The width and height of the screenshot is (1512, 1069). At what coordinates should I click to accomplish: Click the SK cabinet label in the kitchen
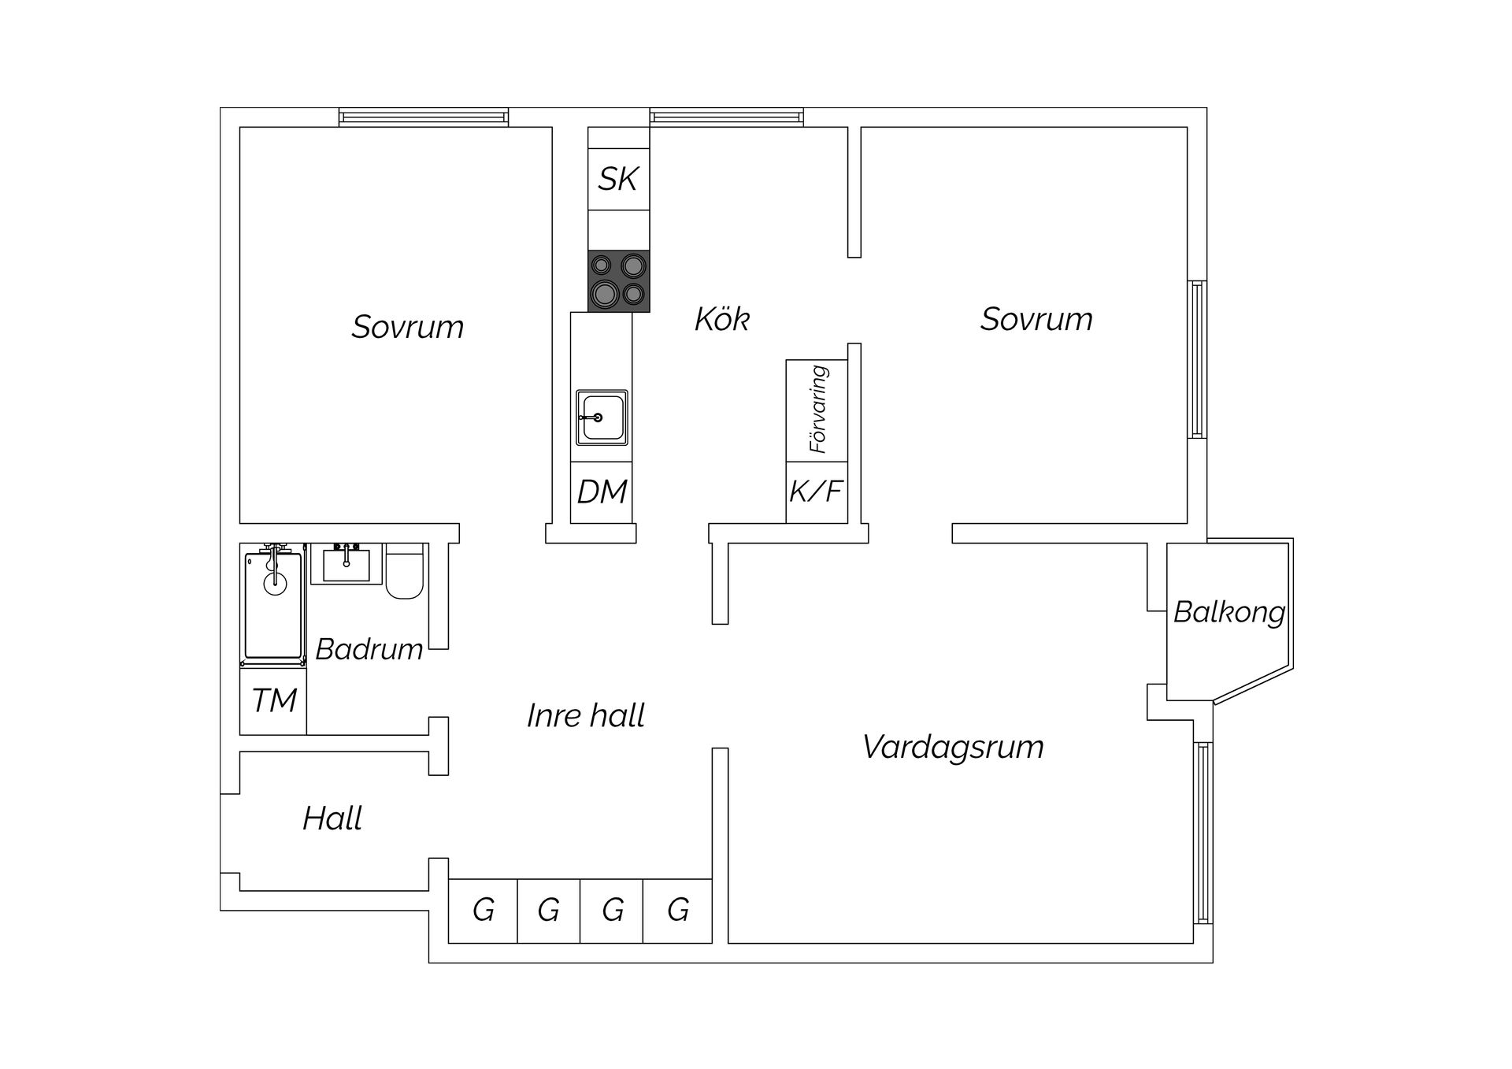coord(618,179)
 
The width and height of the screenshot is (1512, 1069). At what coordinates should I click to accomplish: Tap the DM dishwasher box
coord(602,492)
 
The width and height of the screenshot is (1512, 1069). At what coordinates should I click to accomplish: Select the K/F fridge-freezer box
coord(817,492)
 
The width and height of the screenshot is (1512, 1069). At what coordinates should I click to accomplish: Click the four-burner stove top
coord(619,281)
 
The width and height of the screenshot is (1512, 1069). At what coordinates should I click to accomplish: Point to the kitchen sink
coord(602,418)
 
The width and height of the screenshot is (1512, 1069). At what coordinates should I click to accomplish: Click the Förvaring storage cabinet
coord(817,410)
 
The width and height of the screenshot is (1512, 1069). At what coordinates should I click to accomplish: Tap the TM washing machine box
coord(273,700)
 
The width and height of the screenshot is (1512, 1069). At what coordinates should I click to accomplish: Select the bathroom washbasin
coord(346,564)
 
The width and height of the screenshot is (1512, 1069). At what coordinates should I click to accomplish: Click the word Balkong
coord(1228,612)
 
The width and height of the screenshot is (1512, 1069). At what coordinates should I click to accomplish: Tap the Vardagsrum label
coord(953,747)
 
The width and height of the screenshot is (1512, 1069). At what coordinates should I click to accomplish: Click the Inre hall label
coord(586,716)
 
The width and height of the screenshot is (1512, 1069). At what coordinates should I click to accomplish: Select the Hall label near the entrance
coord(332,819)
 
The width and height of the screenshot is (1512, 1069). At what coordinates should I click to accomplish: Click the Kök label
coord(721,320)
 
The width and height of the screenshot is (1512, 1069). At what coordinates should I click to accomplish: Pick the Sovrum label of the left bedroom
coord(407,327)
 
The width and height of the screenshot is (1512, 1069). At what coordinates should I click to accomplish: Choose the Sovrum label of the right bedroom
coord(1036,319)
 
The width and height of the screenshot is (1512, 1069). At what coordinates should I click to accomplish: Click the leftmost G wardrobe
coord(483,911)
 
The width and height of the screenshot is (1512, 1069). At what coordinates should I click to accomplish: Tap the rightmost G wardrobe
coord(678,911)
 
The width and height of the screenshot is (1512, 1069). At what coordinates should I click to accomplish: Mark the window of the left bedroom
coord(424,117)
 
